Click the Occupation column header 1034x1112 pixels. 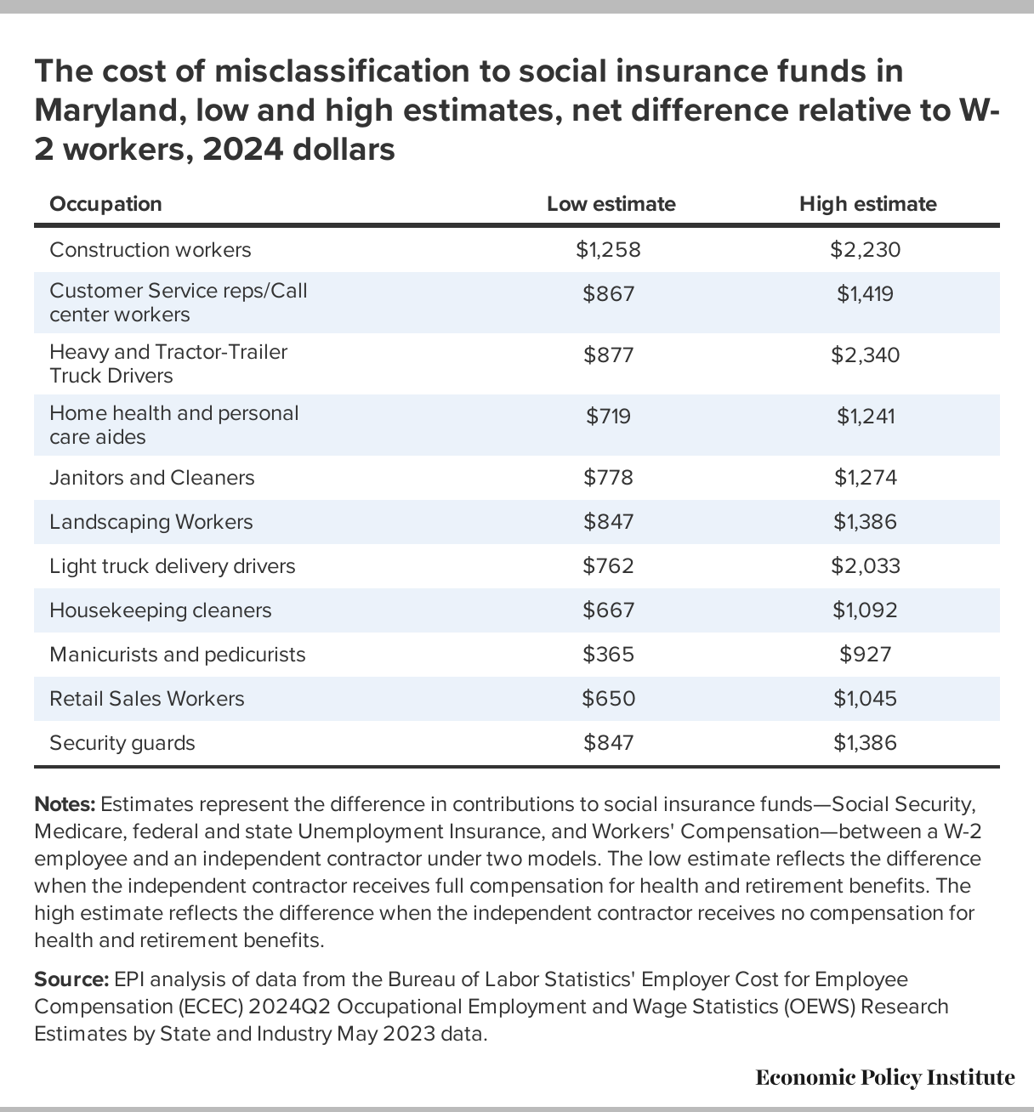[105, 204]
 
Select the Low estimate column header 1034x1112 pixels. [611, 204]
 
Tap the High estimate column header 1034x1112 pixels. [867, 204]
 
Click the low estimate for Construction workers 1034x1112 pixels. [608, 250]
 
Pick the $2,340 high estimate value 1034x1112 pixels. [866, 355]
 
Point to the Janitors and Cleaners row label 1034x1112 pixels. [152, 478]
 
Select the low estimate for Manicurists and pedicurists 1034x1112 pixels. [608, 655]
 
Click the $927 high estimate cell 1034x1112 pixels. [866, 655]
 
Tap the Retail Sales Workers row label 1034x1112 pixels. [147, 699]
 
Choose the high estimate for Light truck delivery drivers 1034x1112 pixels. [866, 566]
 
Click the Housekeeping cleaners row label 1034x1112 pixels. [160, 610]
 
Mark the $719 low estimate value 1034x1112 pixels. [608, 417]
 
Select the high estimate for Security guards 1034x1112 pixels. [866, 743]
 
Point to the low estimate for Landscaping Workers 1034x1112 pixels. [608, 522]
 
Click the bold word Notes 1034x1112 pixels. [65, 804]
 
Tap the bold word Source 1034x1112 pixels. [71, 980]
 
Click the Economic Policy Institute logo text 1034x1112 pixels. [885, 1078]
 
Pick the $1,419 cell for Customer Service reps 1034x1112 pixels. [866, 294]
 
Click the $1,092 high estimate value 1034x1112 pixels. [866, 610]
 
